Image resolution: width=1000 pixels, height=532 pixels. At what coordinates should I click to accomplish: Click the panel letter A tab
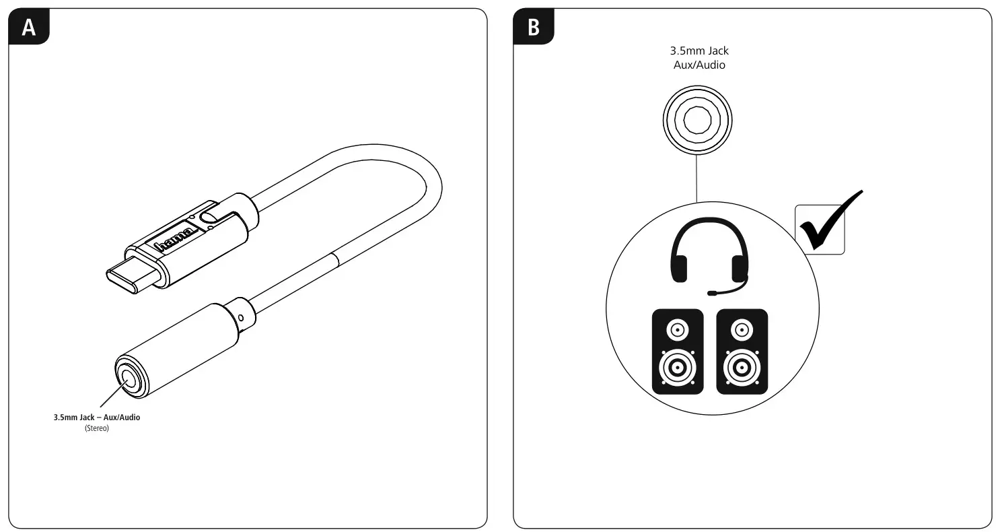click(x=28, y=28)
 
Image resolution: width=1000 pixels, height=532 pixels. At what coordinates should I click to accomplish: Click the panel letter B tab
click(x=534, y=28)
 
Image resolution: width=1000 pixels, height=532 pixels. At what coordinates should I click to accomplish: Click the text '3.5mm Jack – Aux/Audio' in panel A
click(x=97, y=418)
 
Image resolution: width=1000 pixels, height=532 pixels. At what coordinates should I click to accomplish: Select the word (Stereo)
click(x=97, y=428)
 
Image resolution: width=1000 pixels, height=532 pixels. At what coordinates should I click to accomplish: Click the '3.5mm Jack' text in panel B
click(x=699, y=51)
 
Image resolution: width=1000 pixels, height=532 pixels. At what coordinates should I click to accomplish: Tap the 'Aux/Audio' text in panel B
click(x=699, y=65)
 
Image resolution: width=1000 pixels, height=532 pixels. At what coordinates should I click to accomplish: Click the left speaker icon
click(x=678, y=352)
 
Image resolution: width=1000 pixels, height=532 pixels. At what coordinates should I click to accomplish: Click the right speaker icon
click(x=742, y=352)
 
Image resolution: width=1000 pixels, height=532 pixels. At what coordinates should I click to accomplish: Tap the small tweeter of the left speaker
click(x=678, y=330)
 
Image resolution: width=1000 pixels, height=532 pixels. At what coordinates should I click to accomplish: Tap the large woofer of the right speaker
click(x=742, y=368)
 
